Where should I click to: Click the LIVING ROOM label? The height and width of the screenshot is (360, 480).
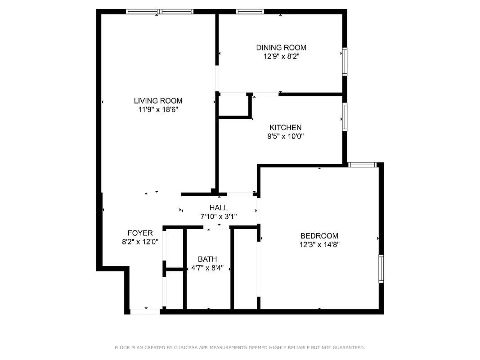point(158,101)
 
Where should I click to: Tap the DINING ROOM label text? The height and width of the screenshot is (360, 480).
point(281,48)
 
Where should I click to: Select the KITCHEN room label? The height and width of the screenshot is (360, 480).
point(285,128)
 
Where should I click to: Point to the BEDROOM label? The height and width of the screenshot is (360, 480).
point(319,236)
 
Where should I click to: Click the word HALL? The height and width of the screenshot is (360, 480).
point(219,207)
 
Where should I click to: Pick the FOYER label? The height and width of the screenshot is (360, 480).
point(140,233)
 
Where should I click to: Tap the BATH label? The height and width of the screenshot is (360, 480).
point(207,259)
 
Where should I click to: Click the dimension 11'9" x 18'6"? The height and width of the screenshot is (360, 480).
point(158,110)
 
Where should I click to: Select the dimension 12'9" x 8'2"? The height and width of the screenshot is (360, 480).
point(281,57)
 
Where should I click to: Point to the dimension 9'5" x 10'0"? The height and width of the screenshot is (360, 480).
point(285,136)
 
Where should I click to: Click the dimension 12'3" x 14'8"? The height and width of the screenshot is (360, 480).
point(319,245)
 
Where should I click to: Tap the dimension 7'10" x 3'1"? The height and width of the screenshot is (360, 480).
point(219,216)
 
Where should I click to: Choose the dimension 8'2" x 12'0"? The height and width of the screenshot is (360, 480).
point(140,242)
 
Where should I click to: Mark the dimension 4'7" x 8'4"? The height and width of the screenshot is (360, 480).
point(207,268)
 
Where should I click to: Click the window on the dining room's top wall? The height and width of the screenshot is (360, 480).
point(250,12)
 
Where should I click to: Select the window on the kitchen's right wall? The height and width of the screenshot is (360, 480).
point(345,117)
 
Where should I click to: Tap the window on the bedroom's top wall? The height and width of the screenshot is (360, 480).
point(363,165)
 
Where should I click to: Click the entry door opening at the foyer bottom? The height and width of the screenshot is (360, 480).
point(145,311)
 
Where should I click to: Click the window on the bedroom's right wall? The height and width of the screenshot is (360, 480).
point(381,269)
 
